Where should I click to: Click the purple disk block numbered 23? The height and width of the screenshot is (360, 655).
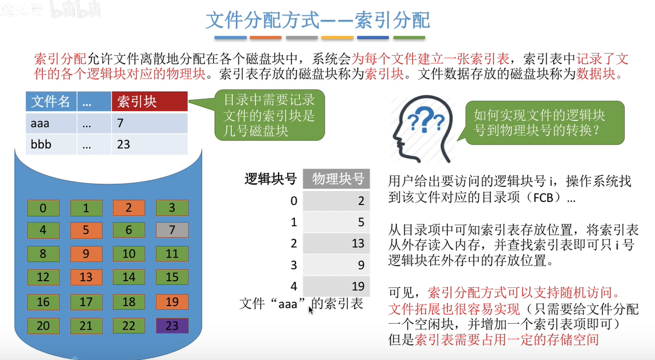pyautogui.click(x=172, y=326)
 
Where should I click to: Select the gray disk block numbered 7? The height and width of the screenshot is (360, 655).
pyautogui.click(x=172, y=230)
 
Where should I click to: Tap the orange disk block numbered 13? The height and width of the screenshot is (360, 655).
pyautogui.click(x=86, y=277)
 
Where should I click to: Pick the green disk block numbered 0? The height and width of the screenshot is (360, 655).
pyautogui.click(x=43, y=208)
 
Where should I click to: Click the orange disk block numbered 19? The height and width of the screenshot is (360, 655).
pyautogui.click(x=172, y=301)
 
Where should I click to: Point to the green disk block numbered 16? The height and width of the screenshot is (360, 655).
pyautogui.click(x=43, y=301)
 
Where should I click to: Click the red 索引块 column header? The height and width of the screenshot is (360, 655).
pyautogui.click(x=149, y=102)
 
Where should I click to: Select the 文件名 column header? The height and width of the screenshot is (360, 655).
pyautogui.click(x=51, y=102)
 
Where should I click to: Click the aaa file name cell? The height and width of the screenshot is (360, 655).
pyautogui.click(x=51, y=123)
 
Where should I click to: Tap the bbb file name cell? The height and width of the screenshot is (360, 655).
pyautogui.click(x=51, y=145)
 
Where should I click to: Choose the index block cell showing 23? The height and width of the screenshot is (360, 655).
pyautogui.click(x=149, y=145)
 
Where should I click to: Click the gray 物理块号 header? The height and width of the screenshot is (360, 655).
pyautogui.click(x=338, y=178)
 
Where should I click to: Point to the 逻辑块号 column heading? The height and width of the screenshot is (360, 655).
pyautogui.click(x=270, y=178)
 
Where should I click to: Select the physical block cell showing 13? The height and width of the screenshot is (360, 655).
pyautogui.click(x=337, y=243)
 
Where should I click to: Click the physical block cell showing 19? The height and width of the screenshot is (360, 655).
pyautogui.click(x=337, y=286)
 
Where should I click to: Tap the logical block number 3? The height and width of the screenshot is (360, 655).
pyautogui.click(x=294, y=264)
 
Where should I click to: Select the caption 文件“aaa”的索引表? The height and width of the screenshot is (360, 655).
pyautogui.click(x=301, y=304)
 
